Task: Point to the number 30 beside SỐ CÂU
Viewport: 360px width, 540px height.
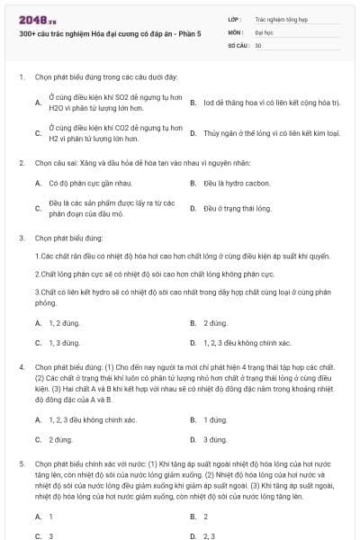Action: click(257, 44)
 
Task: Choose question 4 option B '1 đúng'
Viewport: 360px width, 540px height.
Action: click(217, 419)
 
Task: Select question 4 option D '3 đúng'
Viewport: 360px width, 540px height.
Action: click(217, 439)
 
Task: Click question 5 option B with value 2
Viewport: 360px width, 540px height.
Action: click(205, 517)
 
